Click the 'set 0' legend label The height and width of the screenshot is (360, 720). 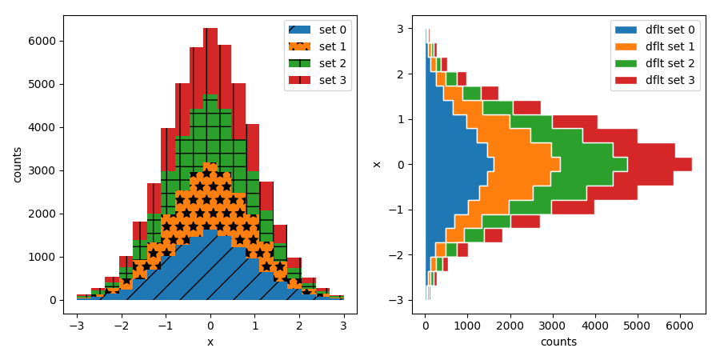[x=332, y=30]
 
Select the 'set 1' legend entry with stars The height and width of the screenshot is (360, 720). [x=332, y=46]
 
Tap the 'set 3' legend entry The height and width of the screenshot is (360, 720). [x=332, y=80]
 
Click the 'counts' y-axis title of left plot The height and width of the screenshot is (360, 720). [x=17, y=164]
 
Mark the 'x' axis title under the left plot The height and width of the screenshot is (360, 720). [x=210, y=342]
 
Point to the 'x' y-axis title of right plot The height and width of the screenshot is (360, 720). [x=377, y=164]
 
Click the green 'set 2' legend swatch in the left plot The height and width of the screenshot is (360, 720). [x=299, y=63]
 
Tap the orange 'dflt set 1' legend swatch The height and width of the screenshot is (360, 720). [x=626, y=46]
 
